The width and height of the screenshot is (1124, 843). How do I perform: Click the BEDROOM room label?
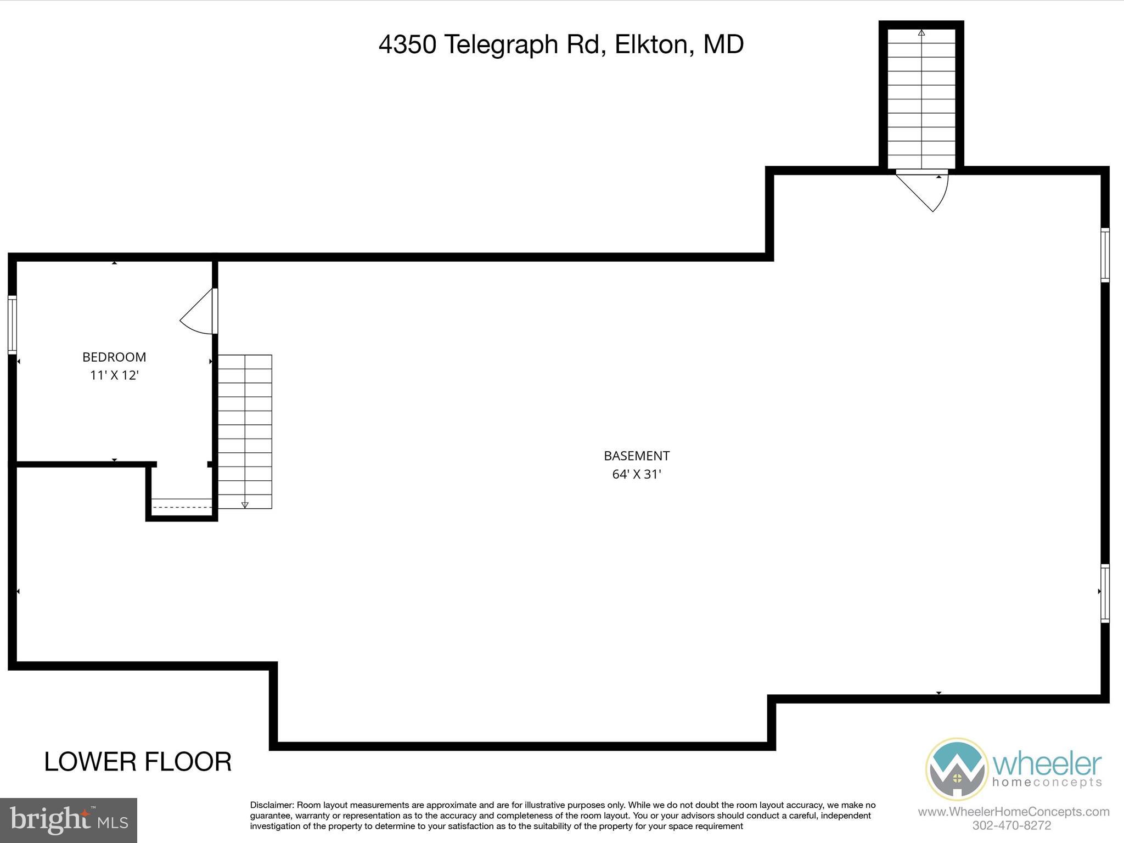[114, 357]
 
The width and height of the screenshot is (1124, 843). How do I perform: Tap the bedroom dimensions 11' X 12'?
[114, 375]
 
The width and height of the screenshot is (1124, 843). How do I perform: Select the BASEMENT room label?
[637, 456]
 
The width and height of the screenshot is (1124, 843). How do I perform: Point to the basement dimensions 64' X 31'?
[637, 474]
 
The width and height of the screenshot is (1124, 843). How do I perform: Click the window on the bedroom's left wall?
[12, 324]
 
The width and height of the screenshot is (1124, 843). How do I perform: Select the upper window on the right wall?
[1105, 255]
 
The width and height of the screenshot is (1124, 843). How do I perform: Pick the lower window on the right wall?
[1105, 593]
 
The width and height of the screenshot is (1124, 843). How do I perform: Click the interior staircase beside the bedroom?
[245, 431]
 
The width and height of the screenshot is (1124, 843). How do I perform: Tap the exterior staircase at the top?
[921, 99]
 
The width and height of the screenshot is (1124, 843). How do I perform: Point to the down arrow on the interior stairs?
[245, 504]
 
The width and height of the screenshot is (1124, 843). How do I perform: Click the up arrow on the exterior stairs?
[921, 33]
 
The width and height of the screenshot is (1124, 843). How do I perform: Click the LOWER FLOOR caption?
[138, 762]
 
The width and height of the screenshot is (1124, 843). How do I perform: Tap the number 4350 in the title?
[407, 44]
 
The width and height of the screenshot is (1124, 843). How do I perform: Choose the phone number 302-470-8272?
[1011, 825]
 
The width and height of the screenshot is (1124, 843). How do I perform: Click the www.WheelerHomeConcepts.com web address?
[1013, 812]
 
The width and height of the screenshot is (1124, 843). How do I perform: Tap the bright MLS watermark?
[69, 820]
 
